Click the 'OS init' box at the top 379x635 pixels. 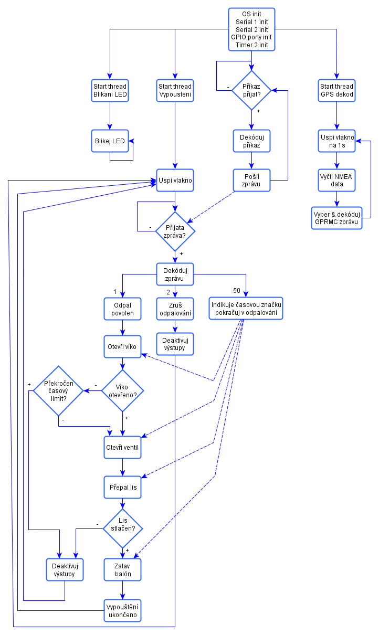[x=252, y=29]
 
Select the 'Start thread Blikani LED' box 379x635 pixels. [x=110, y=91]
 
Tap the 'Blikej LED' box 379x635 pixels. [x=110, y=141]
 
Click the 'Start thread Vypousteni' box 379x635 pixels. [x=175, y=91]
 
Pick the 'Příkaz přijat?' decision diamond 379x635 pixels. [x=252, y=91]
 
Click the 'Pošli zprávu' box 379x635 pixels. [x=252, y=180]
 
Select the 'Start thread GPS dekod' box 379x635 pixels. [x=336, y=91]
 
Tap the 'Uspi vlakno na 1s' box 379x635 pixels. [x=336, y=141]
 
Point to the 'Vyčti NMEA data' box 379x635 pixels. [x=336, y=180]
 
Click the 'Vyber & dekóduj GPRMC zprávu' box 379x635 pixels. [x=336, y=218]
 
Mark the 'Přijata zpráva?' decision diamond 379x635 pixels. [x=175, y=231]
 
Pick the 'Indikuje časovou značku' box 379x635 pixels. [x=246, y=309]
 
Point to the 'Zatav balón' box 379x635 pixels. [x=122, y=570]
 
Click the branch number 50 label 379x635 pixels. [x=237, y=291]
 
